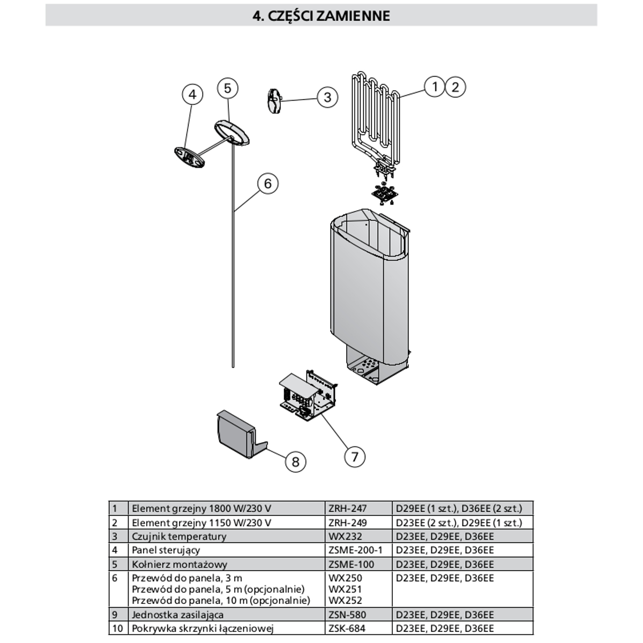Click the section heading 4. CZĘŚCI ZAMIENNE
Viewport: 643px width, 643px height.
[321, 16]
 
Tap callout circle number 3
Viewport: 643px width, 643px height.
[327, 97]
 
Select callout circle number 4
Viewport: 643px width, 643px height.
[192, 95]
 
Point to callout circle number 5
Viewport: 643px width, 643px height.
[228, 88]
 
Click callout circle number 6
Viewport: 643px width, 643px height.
[268, 184]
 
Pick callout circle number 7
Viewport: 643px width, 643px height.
[354, 457]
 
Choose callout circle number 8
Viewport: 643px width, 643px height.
[295, 461]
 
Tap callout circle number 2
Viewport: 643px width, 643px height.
[455, 86]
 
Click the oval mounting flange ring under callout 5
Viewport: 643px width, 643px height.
[233, 133]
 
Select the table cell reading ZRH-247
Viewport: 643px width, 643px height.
[347, 508]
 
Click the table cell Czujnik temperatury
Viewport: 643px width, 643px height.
[179, 536]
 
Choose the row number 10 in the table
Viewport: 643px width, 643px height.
[118, 629]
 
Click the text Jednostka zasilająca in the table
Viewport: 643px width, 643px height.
[178, 615]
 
